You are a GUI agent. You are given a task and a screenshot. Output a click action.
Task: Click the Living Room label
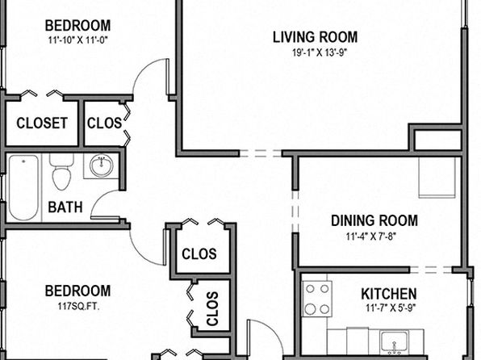(315, 37)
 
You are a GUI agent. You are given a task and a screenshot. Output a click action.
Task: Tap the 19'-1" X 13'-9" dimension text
(320, 52)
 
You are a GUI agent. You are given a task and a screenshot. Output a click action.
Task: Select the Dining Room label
(374, 220)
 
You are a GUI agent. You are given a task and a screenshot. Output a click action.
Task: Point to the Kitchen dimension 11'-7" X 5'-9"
(391, 308)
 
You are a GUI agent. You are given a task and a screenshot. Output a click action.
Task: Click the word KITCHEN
(389, 294)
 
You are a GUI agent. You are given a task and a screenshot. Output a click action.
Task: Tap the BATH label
(65, 207)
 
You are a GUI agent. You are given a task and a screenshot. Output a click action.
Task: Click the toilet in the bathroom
(61, 172)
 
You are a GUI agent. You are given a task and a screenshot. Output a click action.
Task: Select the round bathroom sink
(101, 165)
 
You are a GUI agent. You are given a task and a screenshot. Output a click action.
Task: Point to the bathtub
(23, 187)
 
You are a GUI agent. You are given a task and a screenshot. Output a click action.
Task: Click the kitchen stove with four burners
(317, 299)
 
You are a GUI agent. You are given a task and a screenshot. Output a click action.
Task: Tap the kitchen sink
(394, 341)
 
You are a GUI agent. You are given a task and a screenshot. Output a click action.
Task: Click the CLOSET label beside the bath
(42, 123)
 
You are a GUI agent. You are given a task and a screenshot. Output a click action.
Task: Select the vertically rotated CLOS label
(212, 309)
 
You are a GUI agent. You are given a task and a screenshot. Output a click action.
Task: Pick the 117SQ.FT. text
(78, 306)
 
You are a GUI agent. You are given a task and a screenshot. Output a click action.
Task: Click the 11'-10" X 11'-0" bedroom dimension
(78, 40)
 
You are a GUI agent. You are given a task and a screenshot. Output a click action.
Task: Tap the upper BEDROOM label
(78, 26)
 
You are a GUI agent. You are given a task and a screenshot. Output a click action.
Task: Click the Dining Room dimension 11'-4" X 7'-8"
(371, 237)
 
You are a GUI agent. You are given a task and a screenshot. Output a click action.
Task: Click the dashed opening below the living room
(261, 153)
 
